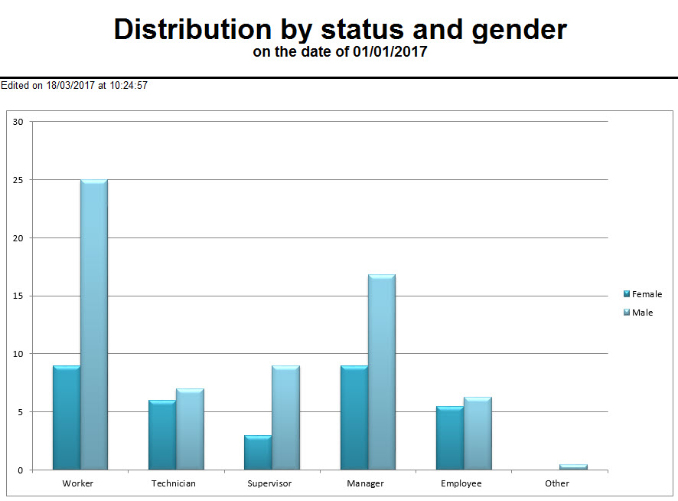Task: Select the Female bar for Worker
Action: (x=67, y=417)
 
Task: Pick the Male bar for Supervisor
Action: (x=285, y=417)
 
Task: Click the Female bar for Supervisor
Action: (x=258, y=453)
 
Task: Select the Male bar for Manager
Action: (x=382, y=372)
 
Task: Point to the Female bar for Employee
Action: (x=450, y=438)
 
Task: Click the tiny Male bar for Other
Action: (x=573, y=467)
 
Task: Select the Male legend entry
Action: (x=642, y=313)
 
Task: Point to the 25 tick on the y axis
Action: (x=18, y=180)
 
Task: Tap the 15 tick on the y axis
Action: (x=18, y=296)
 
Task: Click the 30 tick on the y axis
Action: (x=18, y=122)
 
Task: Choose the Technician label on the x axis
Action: (x=174, y=483)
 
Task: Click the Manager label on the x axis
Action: (x=365, y=483)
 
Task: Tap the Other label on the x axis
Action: (x=557, y=483)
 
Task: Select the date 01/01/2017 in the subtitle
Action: (x=390, y=52)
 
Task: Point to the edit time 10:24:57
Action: (x=129, y=86)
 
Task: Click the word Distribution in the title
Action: (x=192, y=30)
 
